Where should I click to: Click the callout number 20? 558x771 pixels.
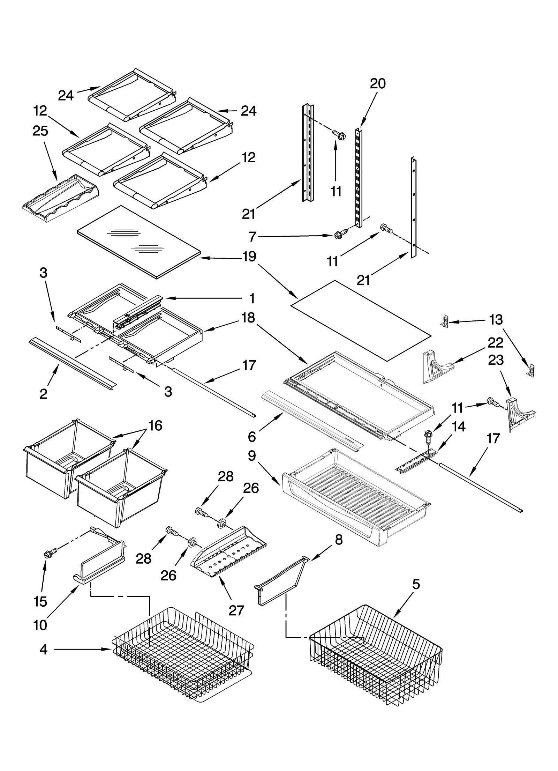(378, 84)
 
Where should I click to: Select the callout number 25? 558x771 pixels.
(40, 131)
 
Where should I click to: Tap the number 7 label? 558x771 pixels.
(252, 237)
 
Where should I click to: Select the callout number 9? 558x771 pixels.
(252, 456)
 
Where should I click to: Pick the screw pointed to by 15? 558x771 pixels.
(48, 553)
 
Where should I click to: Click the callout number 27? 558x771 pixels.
(236, 611)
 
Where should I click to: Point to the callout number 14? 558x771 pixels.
(459, 427)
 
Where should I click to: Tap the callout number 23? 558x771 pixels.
(496, 360)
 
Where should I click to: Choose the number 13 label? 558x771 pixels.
(496, 320)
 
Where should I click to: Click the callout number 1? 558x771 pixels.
(252, 299)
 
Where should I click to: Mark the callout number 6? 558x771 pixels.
(252, 436)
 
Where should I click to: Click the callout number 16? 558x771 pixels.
(155, 426)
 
